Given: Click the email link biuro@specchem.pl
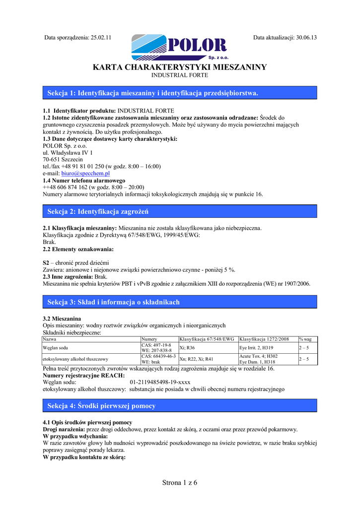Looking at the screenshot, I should click(x=78, y=174).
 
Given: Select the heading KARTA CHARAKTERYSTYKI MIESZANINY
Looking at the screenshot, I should click(x=180, y=67).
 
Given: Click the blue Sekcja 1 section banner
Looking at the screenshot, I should click(x=180, y=93).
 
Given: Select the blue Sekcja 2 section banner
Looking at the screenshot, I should click(x=180, y=212).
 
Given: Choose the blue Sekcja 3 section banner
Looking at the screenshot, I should click(x=180, y=302).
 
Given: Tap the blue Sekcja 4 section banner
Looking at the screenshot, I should click(x=180, y=406).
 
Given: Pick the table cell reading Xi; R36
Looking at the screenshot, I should click(x=187, y=348).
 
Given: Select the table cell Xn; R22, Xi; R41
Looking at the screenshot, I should click(x=196, y=359).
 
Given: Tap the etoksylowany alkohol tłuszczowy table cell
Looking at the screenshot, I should click(x=75, y=359).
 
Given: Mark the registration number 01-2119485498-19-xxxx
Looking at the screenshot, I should click(x=160, y=382).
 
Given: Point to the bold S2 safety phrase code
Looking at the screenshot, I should click(x=46, y=262).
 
